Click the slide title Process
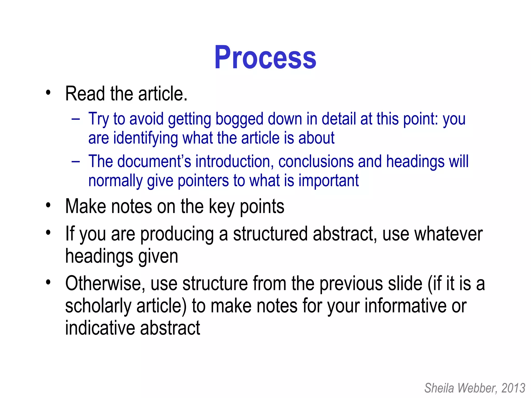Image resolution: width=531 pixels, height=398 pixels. tap(265, 58)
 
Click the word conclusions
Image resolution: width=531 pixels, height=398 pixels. tap(316, 161)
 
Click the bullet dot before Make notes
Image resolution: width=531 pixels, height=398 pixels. tap(48, 205)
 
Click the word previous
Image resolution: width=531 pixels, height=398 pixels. tap(351, 283)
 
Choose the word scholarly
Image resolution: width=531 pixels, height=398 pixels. tap(98, 306)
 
